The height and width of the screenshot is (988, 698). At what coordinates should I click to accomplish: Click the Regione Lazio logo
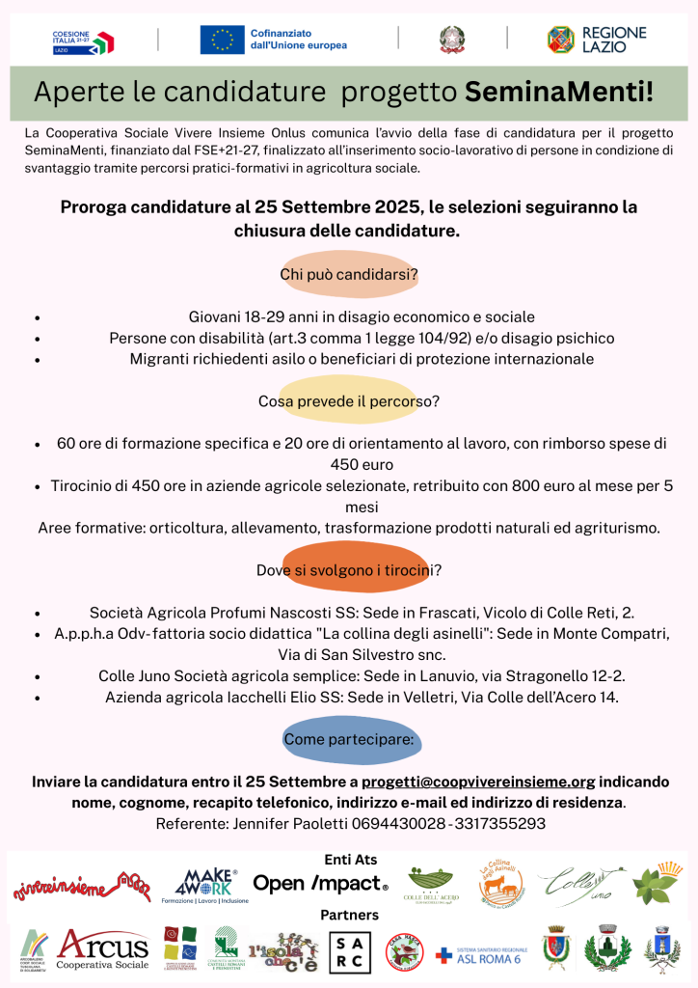point(597,40)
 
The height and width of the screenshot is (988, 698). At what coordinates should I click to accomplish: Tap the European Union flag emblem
point(222,40)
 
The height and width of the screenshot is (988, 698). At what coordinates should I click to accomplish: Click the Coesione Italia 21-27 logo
point(83,41)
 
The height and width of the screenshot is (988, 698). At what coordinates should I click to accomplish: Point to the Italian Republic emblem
point(451,39)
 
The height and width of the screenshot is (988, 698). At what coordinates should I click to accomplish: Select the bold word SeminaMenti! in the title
point(559,93)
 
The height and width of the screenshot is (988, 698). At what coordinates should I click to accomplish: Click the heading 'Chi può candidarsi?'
point(349,275)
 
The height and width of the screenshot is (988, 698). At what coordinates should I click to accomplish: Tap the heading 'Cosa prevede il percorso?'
point(349,400)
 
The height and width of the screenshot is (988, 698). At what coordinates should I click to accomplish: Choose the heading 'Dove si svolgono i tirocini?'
point(349,570)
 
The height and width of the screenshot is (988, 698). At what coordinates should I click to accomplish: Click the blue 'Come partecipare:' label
point(349,739)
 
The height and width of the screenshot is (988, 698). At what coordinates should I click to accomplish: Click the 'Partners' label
point(349,915)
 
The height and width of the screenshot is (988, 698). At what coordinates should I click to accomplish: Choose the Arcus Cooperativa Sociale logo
point(103,949)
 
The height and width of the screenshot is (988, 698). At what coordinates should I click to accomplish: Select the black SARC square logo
point(350,952)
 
